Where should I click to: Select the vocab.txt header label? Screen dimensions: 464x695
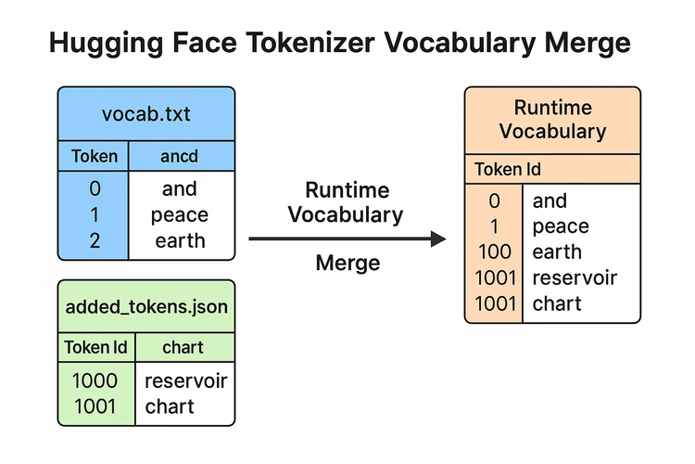pos(146,115)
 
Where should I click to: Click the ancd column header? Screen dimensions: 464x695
pos(180,156)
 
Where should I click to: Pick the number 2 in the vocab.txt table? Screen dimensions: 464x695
pos(95,241)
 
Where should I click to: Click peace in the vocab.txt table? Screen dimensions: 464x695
pos(180,215)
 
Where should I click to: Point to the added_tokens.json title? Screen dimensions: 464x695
pos(146,306)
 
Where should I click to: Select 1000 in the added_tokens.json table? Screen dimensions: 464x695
pos(95,380)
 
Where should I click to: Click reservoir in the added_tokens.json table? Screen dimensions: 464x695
pos(185,380)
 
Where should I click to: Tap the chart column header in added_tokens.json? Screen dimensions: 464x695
pos(183,348)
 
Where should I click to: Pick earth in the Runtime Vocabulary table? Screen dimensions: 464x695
pos(557,251)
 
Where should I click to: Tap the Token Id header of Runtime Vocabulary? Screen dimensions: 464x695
pos(508,170)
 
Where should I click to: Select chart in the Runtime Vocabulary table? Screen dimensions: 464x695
pos(557,303)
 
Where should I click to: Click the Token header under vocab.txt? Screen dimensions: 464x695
pos(95,156)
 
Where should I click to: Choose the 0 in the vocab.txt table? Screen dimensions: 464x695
pos(95,189)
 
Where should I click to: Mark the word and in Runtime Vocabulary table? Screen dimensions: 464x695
pos(550,200)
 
